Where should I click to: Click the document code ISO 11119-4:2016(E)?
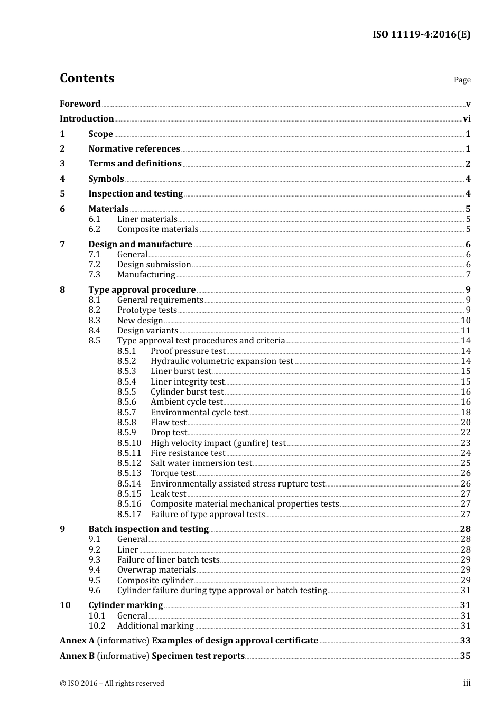421,35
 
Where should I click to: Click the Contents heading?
87,78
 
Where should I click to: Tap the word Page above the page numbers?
462,80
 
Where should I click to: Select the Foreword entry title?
80,104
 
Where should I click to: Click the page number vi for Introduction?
467,119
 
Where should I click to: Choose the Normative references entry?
134,149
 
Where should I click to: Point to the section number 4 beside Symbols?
62,179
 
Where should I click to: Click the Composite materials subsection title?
157,229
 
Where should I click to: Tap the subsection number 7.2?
94,265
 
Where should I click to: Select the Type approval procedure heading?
142,290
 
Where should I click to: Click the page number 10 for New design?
466,321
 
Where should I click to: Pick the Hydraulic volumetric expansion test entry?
221,361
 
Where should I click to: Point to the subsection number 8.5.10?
129,443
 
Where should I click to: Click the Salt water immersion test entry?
201,463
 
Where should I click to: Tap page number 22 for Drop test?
466,433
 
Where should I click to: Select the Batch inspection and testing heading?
148,529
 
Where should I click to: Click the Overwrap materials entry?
156,570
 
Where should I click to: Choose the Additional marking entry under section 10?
155,626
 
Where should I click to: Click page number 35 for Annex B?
465,656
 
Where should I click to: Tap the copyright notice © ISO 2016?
112,684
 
